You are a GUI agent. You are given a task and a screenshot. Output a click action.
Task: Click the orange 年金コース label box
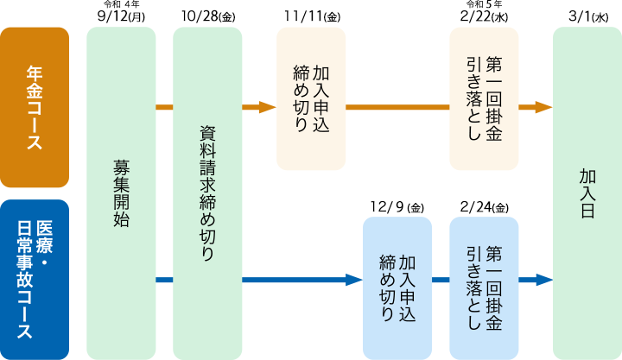(x=35, y=107)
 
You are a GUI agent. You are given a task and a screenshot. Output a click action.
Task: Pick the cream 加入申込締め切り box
(x=311, y=98)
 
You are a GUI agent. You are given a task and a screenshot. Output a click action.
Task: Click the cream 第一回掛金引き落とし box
(x=484, y=98)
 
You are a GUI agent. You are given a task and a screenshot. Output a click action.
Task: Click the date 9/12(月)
(x=121, y=16)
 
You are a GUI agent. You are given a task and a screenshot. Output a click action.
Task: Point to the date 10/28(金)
(x=208, y=16)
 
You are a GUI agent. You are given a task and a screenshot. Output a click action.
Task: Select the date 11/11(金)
(x=311, y=16)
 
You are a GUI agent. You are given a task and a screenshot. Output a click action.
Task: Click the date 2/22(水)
(x=484, y=16)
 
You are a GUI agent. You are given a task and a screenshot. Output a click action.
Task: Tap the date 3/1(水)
(x=588, y=16)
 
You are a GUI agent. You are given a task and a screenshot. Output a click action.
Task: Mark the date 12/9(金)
(x=397, y=207)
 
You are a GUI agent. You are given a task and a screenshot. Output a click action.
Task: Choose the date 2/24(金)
(x=484, y=207)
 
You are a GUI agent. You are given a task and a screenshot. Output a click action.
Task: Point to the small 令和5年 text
(x=484, y=4)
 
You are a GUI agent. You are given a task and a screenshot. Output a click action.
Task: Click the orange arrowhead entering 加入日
(x=543, y=107)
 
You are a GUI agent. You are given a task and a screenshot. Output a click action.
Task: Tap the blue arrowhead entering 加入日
(x=543, y=280)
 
